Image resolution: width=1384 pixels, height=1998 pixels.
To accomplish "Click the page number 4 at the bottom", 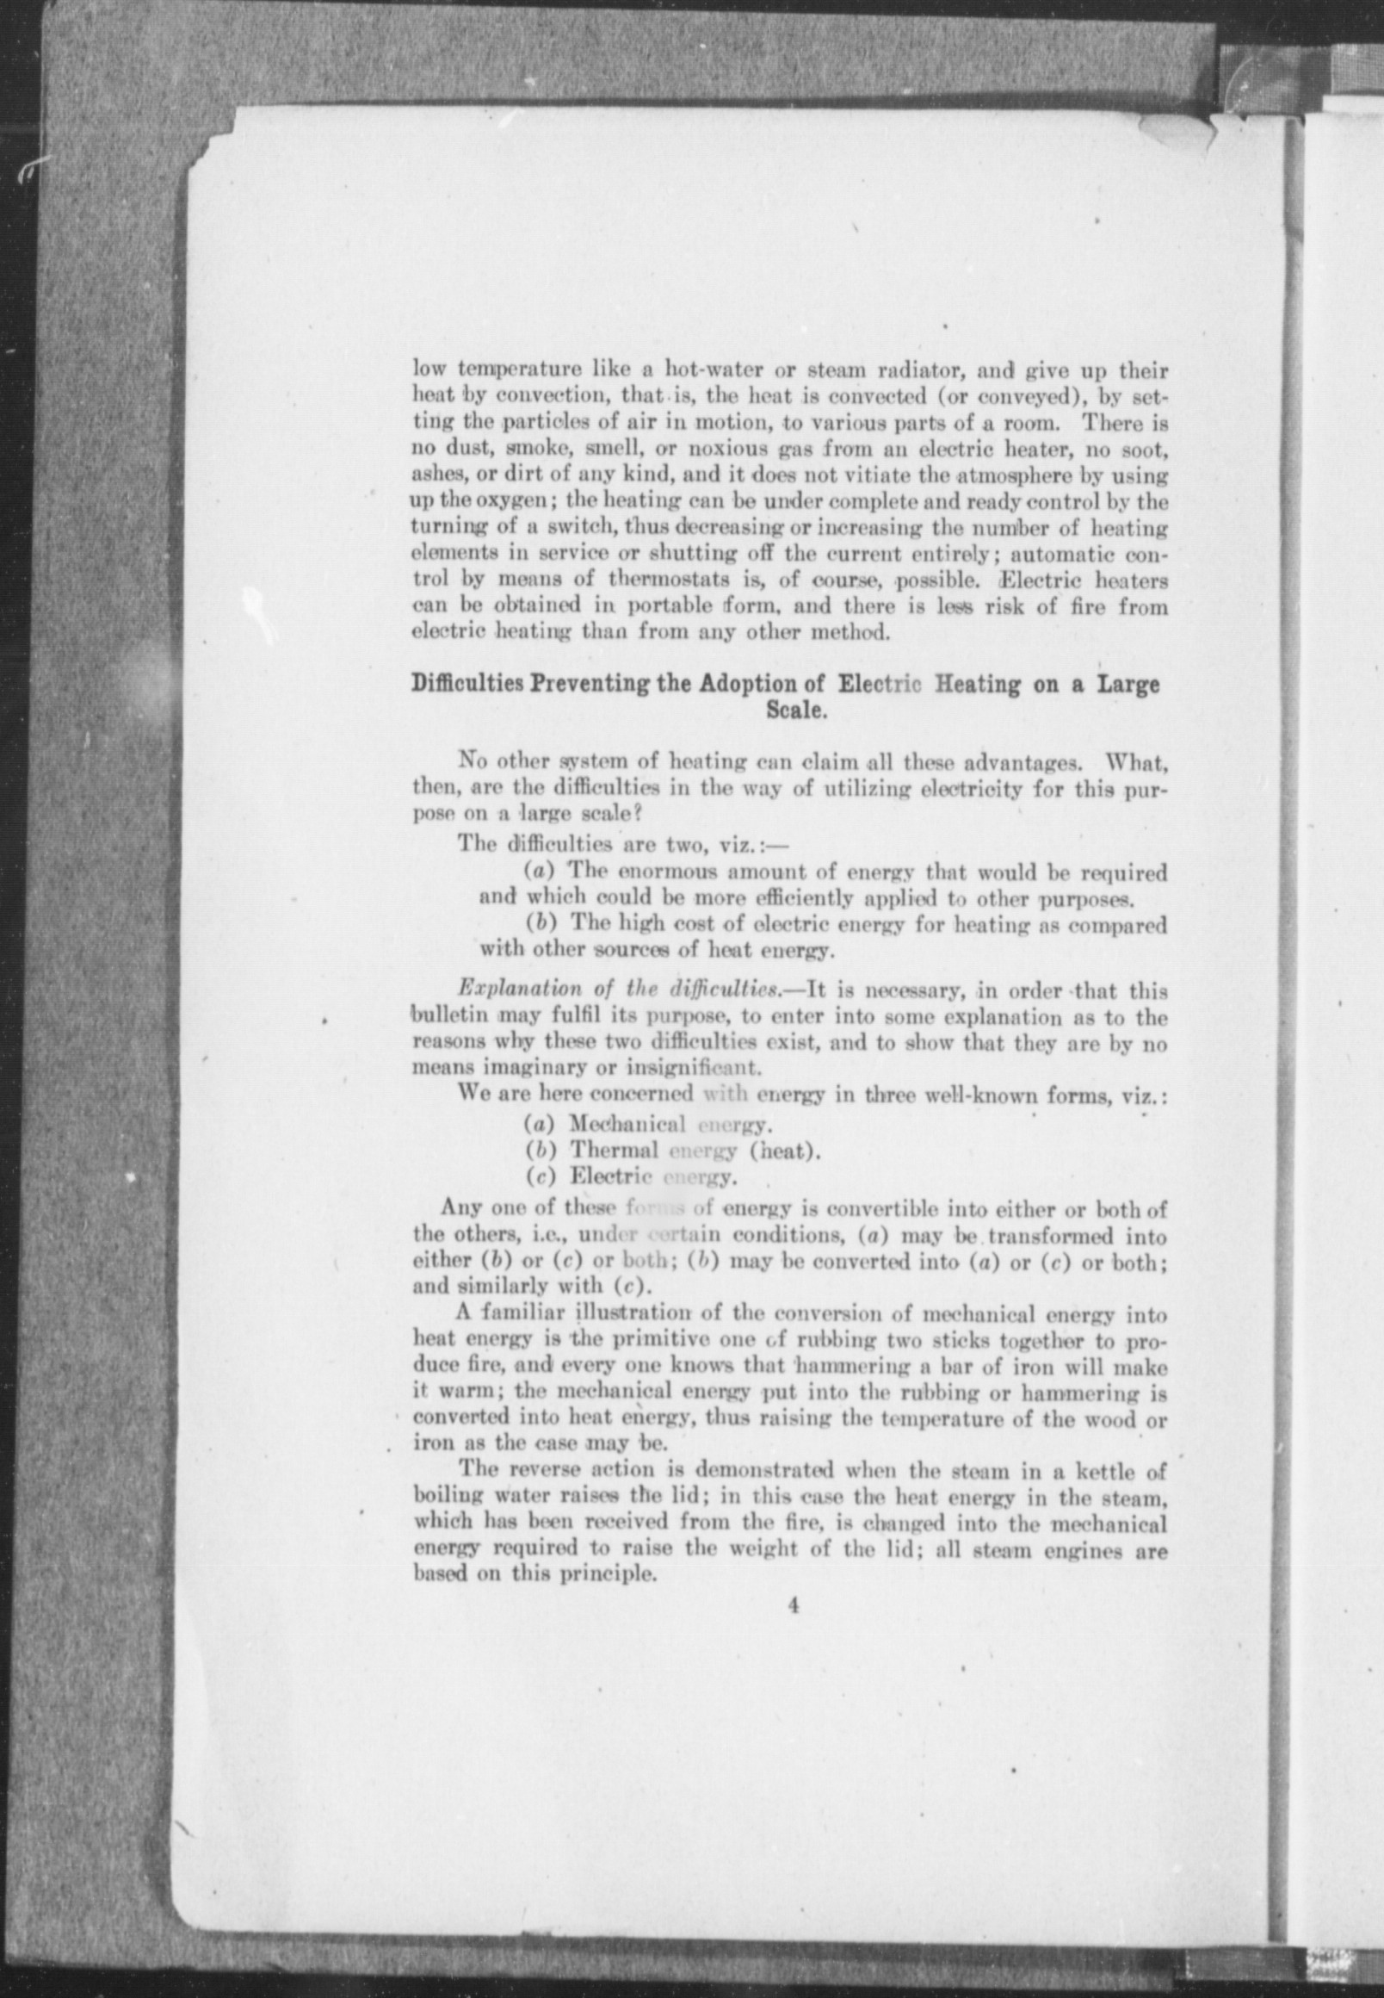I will coord(793,1606).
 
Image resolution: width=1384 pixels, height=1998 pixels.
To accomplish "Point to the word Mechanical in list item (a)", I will coord(627,1126).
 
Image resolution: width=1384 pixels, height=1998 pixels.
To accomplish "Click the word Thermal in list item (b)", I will coord(613,1151).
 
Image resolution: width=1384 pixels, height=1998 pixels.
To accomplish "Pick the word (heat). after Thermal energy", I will coord(785,1151).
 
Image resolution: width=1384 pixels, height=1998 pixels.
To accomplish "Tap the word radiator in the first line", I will coord(914,372).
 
